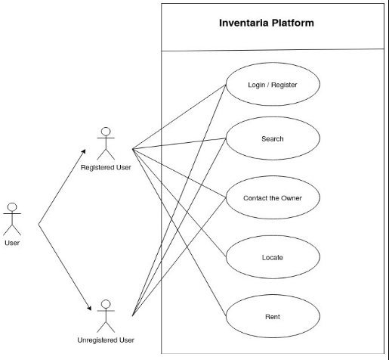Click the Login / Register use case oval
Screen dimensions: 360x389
click(273, 85)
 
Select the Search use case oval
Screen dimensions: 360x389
click(273, 139)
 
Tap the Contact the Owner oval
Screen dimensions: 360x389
click(273, 198)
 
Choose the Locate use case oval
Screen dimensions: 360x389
click(273, 257)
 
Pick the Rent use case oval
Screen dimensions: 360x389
click(273, 315)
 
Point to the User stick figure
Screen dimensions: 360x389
click(12, 219)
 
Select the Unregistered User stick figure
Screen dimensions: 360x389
click(106, 316)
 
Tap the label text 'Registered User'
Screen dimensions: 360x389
click(106, 167)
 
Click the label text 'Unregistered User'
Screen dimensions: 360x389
click(106, 340)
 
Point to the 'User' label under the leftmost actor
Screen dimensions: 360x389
click(12, 243)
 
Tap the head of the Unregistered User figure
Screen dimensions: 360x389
click(106, 306)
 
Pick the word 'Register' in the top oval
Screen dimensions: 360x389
click(285, 85)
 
